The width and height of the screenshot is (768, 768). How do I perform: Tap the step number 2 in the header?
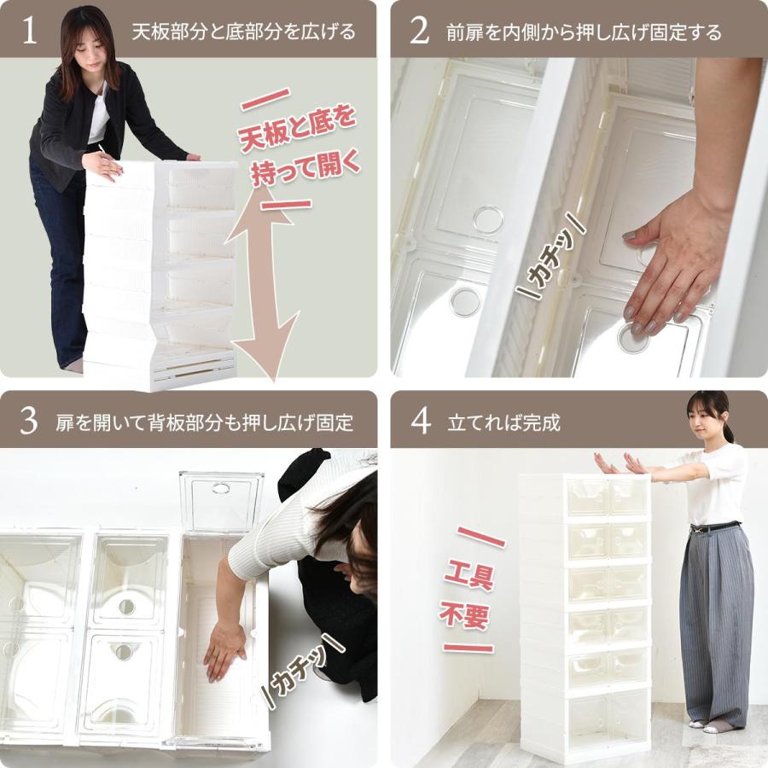click(419, 31)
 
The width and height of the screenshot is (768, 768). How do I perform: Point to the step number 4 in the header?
click(420, 421)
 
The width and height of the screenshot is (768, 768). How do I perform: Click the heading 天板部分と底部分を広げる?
click(243, 32)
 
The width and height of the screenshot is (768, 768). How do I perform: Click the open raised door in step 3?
click(221, 502)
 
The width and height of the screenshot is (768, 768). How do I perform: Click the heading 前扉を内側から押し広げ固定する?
click(584, 32)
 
